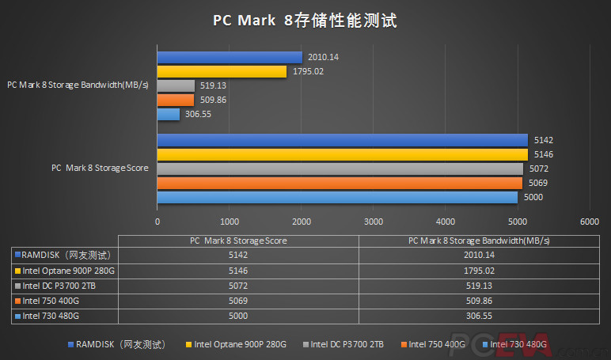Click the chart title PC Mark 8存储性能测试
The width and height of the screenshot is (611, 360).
click(305, 21)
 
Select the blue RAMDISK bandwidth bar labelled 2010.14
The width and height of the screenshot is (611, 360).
click(230, 57)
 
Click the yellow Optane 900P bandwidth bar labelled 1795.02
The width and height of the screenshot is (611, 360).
click(222, 71)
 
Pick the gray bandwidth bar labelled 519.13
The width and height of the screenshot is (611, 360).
click(176, 85)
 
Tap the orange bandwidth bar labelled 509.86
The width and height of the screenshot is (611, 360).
click(175, 100)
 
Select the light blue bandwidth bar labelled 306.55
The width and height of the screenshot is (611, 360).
click(168, 114)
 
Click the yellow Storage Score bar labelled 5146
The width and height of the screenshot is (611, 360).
click(342, 154)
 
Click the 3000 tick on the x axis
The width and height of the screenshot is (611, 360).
click(373, 222)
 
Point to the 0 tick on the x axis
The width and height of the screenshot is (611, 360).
click(157, 222)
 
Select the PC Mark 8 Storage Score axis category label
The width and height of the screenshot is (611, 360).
click(100, 168)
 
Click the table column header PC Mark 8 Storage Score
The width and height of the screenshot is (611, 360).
click(238, 241)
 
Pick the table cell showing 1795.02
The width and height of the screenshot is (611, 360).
click(478, 270)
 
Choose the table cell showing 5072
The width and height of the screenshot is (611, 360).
click(238, 285)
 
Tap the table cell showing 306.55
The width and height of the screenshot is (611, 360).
click(478, 315)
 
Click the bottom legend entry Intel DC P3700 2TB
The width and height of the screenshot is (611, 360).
click(347, 344)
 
